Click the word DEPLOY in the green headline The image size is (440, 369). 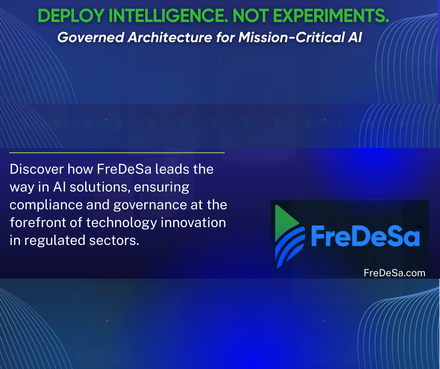coord(71,16)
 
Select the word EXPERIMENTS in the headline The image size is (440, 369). coord(331,16)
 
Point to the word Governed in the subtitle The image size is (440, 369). coord(91,37)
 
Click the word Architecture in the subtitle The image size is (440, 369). coord(170,37)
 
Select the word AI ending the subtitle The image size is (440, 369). coord(355,37)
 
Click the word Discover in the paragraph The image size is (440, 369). coord(37,170)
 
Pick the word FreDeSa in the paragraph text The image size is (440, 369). coord(125,170)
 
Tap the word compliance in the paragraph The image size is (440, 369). coord(46,205)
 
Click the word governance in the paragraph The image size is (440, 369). coord(150,205)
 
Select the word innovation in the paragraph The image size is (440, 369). coord(193,222)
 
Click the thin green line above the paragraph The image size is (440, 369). coord(117,153)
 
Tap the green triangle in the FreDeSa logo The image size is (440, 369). coord(286,223)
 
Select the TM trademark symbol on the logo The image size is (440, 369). coord(419,227)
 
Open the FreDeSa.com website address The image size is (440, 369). coord(394,273)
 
